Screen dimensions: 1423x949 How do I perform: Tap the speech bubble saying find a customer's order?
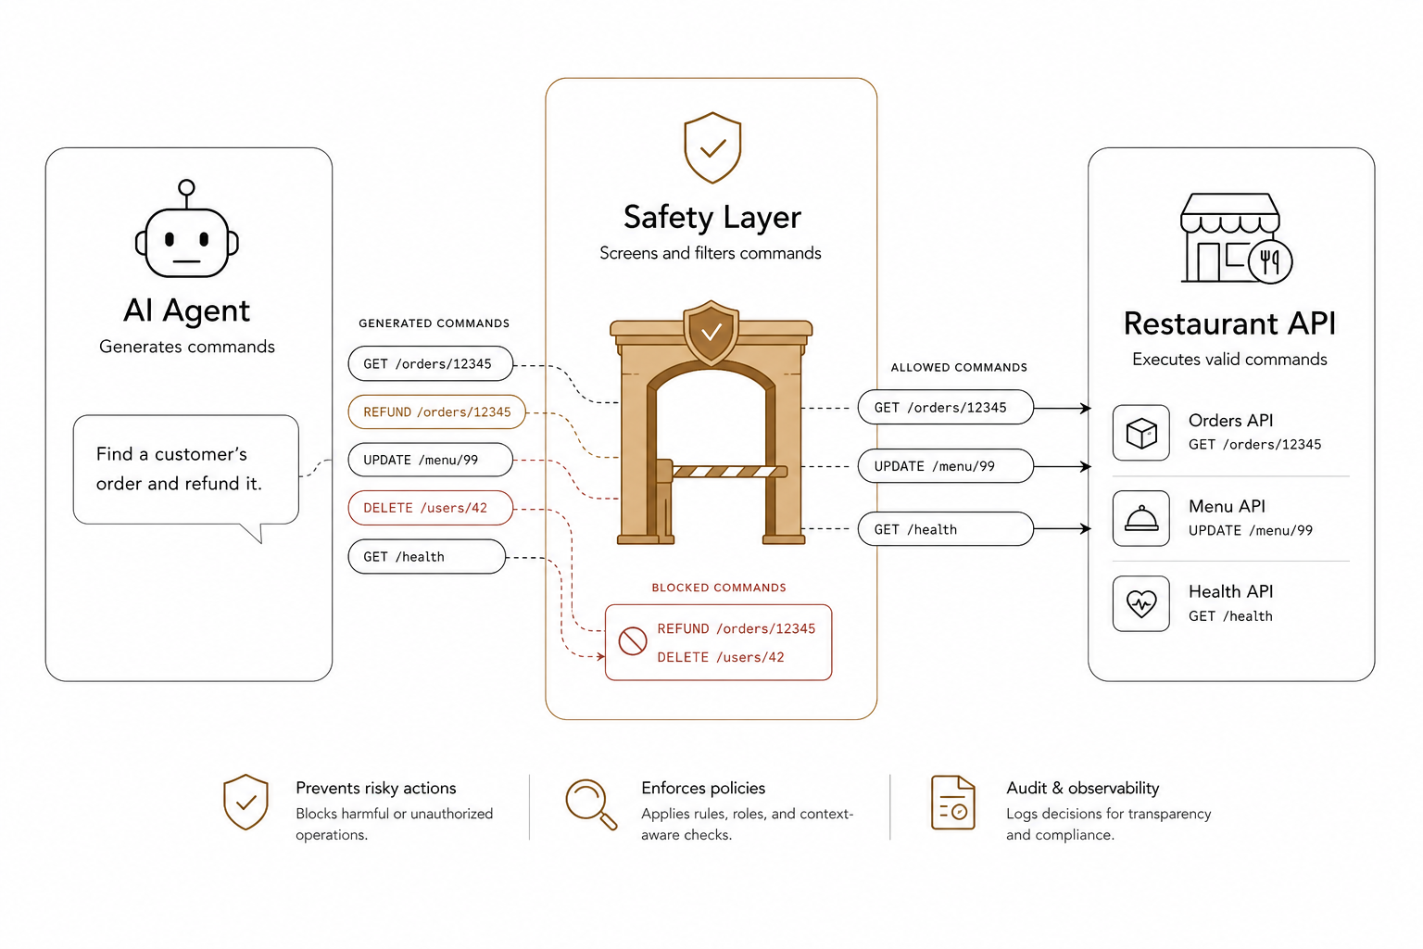pos(185,472)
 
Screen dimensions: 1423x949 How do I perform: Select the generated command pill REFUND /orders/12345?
pos(437,411)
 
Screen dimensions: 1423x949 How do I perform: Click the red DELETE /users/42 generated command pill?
pos(431,508)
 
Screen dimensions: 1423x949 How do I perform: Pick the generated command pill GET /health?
pos(427,557)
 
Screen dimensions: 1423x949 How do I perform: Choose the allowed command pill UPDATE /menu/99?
pos(945,466)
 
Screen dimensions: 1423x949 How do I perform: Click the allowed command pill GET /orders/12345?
pos(945,408)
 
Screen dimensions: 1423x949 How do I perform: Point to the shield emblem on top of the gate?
pos(711,332)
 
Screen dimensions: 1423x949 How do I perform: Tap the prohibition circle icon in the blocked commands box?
pos(633,641)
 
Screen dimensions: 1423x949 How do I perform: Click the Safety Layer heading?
pos(712,218)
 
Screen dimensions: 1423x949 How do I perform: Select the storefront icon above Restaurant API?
pos(1236,238)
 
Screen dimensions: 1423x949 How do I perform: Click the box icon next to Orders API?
pos(1141,433)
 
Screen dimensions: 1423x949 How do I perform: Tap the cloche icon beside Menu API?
pos(1141,518)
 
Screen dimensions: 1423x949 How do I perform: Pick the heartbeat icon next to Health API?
pos(1141,604)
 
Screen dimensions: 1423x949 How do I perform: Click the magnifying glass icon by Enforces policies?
pos(591,804)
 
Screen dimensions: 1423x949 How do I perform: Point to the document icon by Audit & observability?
pos(953,803)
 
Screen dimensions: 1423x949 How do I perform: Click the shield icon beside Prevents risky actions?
pos(246,803)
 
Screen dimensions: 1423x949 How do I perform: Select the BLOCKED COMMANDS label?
pos(719,588)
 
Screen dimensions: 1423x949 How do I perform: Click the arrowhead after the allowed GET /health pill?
pos(1087,528)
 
